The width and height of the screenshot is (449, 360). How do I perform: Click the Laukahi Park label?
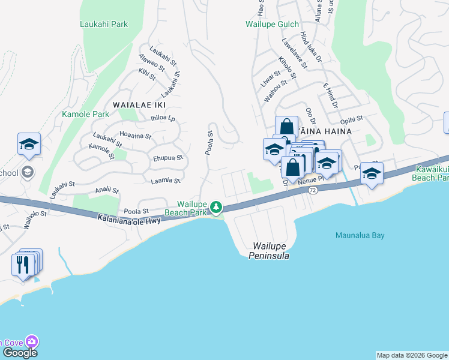[104, 25]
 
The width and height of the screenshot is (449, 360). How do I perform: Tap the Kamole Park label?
[85, 113]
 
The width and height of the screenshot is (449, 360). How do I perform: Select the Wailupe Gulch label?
[272, 25]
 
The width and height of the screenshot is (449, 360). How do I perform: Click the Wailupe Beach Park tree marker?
[216, 208]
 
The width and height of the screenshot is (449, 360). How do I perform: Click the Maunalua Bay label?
[360, 235]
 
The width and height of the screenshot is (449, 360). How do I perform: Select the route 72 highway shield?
[313, 190]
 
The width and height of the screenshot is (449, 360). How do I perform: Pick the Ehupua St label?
[167, 158]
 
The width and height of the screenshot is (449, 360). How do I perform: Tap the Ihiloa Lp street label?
[162, 118]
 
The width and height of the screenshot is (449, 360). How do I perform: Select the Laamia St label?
[166, 179]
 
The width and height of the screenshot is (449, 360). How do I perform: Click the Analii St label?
[107, 190]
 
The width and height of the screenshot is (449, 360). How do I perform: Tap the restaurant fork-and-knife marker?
[23, 264]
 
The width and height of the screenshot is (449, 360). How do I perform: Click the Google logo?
[20, 353]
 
